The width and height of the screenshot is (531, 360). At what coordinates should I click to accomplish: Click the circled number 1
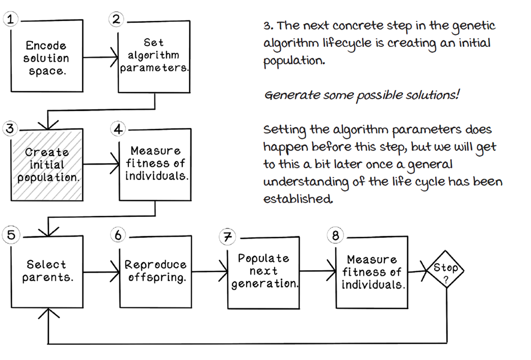[x=10, y=20]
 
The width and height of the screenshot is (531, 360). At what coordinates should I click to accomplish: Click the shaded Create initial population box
[x=47, y=164]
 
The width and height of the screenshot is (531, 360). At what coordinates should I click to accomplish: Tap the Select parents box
[x=47, y=271]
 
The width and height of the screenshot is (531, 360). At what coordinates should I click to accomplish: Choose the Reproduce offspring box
[x=155, y=271]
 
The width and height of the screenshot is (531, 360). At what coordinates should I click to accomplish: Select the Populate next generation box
[x=263, y=271]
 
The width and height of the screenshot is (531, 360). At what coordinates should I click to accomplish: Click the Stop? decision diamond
[x=446, y=271]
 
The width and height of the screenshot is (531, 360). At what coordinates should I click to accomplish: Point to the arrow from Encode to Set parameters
[x=100, y=58]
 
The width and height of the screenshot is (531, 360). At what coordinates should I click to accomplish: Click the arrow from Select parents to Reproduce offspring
[x=100, y=272]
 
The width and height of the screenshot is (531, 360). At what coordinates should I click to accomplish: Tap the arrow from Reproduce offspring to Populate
[x=209, y=272]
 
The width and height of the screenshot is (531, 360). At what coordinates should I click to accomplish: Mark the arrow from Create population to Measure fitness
[x=100, y=165]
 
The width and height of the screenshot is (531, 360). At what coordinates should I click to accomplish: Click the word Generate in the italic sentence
[x=285, y=95]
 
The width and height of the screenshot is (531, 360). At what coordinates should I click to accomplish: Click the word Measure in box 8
[x=371, y=260]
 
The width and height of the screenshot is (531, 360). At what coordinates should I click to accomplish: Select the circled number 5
[x=10, y=236]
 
